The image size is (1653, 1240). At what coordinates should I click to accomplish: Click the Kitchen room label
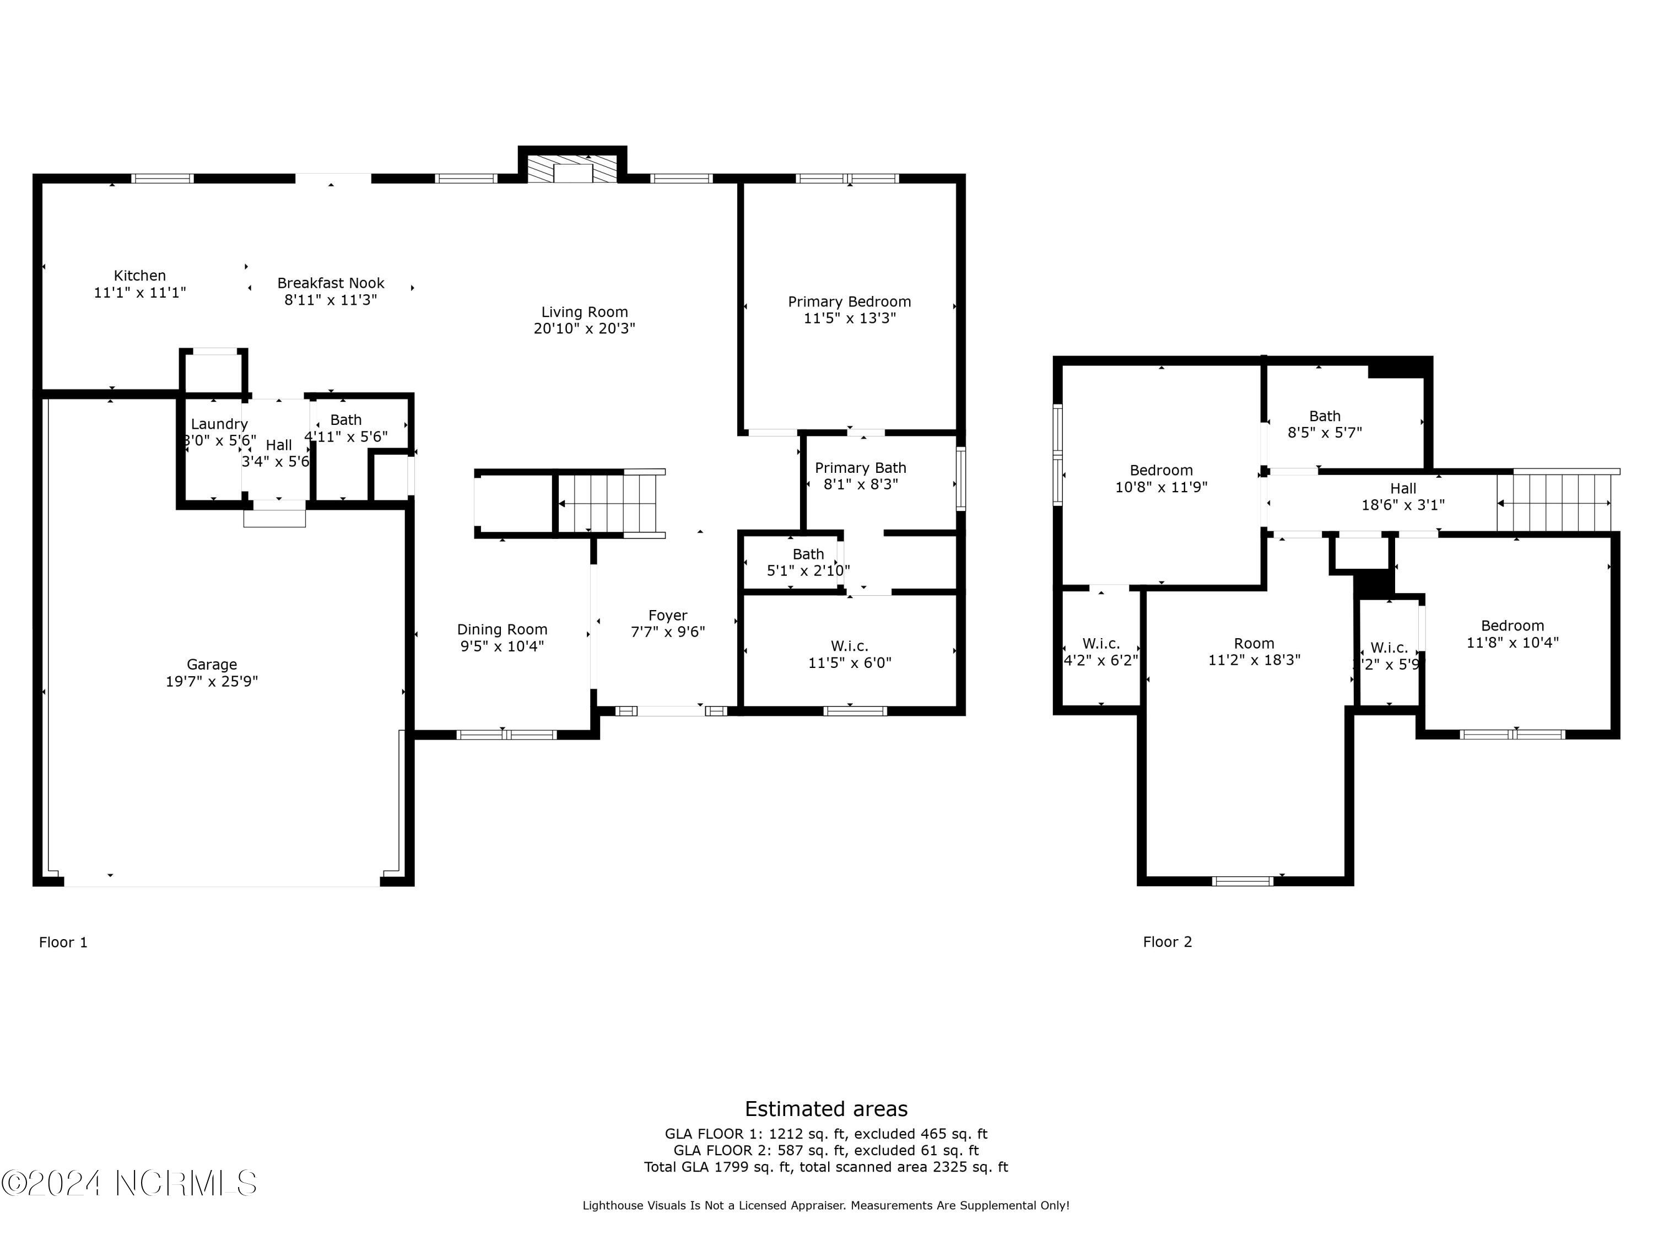[x=140, y=276]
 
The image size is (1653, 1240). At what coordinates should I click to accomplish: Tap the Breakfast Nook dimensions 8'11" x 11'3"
[x=330, y=300]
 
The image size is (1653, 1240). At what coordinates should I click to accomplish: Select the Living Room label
[x=585, y=312]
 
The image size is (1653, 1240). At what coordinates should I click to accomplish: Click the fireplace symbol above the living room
[x=572, y=170]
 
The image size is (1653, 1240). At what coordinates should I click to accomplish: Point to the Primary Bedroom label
[x=849, y=301]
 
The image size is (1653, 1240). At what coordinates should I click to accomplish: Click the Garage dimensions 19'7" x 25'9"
[x=212, y=681]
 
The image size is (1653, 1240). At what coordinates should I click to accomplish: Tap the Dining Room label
[x=501, y=629]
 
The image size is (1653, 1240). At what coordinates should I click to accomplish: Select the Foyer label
[x=667, y=615]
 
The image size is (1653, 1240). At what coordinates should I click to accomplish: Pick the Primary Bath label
[x=860, y=467]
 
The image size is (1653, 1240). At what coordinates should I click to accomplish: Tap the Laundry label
[x=219, y=424]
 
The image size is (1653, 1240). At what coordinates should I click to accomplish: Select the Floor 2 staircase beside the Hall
[x=1554, y=503]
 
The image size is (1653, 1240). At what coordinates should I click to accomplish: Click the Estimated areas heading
[x=826, y=1108]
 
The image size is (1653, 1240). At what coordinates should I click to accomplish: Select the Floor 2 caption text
[x=1166, y=942]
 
